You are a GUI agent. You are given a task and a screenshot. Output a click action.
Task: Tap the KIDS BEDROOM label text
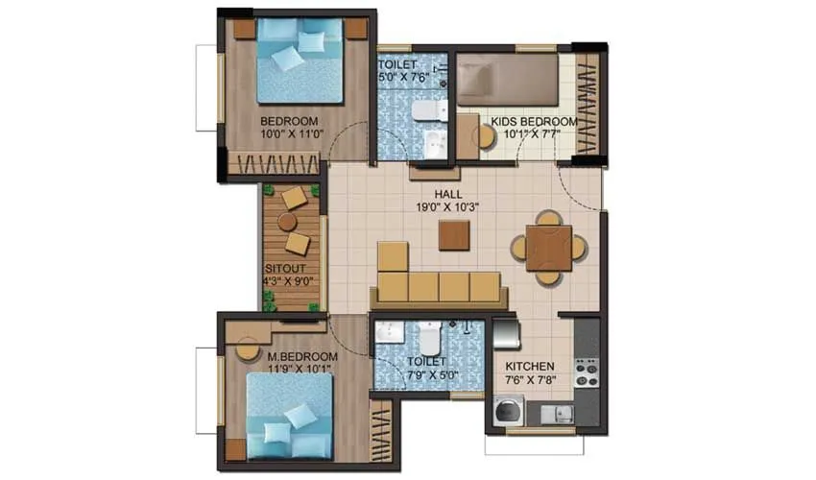click(x=534, y=128)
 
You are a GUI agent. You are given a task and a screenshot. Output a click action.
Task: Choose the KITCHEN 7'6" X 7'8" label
click(x=530, y=373)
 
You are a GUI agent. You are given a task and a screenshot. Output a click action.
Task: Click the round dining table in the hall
click(x=548, y=248)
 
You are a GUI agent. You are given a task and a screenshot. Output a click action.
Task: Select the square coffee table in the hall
click(x=454, y=235)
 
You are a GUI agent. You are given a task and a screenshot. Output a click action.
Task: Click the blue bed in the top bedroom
click(x=299, y=60)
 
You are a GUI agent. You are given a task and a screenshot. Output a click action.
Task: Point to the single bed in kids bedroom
click(x=508, y=79)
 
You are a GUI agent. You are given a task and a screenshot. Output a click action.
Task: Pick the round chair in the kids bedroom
click(x=485, y=136)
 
